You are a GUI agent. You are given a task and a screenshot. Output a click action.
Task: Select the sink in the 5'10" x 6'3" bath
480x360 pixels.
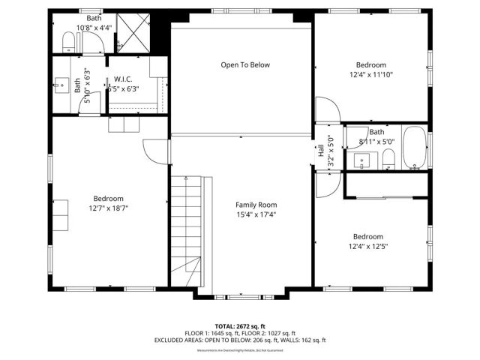78,86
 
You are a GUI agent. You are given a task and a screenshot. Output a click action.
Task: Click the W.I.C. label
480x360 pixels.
123,78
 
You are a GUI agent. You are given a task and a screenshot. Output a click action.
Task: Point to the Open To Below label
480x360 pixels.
244,65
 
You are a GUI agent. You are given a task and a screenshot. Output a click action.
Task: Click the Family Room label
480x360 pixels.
256,205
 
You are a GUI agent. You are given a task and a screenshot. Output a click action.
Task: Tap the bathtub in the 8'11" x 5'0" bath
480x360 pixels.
413,150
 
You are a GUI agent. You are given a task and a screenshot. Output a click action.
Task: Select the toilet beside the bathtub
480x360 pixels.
388,157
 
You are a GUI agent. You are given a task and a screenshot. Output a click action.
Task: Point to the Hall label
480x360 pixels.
322,151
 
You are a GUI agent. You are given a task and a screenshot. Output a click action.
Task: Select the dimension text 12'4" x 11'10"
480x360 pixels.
370,74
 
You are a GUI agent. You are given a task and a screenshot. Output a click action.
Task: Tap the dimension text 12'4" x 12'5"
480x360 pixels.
367,245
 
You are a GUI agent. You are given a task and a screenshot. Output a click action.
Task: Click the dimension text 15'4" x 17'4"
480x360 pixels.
256,214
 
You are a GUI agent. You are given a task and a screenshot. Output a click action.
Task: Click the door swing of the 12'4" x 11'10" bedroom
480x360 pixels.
328,112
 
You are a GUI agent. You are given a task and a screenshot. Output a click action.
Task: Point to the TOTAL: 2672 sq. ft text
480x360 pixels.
240,326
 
